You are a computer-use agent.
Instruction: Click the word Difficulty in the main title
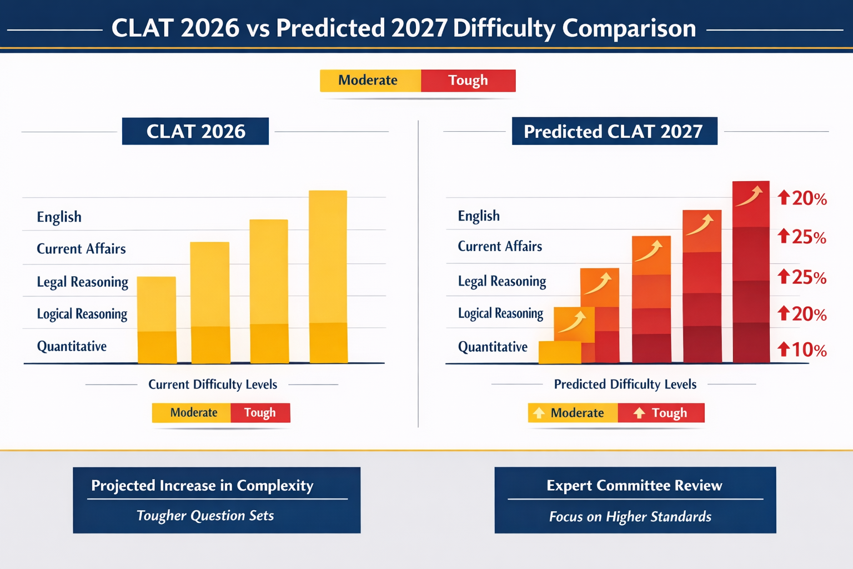coord(503,28)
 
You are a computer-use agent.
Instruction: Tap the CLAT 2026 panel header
coord(195,131)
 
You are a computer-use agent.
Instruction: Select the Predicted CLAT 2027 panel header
coord(614,131)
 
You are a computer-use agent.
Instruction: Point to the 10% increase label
coord(802,350)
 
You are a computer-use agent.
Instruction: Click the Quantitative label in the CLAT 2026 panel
coord(72,346)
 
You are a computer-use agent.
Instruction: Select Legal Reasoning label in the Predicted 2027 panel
coord(502,281)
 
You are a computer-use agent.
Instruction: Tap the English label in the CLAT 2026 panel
coord(59,217)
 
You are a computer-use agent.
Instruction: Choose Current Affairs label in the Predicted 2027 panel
coord(500,246)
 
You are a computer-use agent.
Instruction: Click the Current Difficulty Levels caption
coord(213,385)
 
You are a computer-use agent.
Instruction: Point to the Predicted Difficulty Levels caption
coord(625,385)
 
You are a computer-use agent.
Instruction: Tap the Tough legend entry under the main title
coord(468,81)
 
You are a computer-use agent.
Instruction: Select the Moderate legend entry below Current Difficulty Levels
coord(193,413)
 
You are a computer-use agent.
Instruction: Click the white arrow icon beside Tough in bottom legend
coord(639,413)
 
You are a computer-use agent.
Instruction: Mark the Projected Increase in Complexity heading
coord(202,486)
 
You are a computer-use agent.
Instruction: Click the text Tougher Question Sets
coord(205,516)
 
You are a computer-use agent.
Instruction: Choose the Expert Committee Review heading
coord(634,486)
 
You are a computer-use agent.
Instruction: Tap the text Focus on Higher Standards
coord(630,517)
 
